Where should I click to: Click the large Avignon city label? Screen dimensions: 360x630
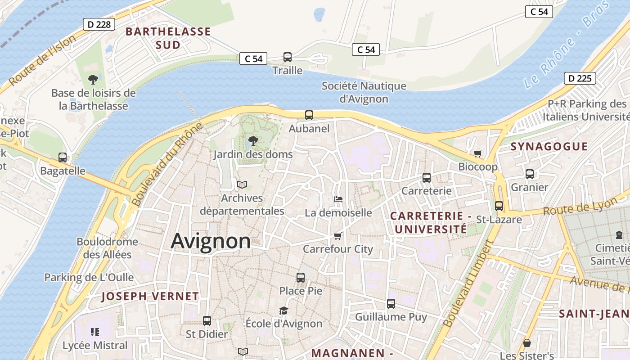tap(211, 241)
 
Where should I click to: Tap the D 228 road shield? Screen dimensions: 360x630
tap(99, 24)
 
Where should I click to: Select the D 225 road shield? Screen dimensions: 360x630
tap(580, 78)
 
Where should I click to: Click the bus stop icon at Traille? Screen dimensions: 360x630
tap(288, 57)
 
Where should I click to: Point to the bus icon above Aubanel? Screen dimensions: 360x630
tap(309, 115)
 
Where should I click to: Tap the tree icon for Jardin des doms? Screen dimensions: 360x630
tap(253, 140)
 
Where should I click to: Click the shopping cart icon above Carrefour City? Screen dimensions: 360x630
tap(338, 236)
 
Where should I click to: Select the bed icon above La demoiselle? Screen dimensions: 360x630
tap(338, 199)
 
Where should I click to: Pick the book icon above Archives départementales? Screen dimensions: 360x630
tap(242, 184)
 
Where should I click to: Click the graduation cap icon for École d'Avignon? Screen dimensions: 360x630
tap(283, 310)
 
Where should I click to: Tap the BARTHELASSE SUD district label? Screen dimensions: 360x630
tap(168, 38)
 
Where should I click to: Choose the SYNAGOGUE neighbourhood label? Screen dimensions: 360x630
tap(549, 146)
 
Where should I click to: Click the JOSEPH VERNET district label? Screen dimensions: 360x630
tap(150, 296)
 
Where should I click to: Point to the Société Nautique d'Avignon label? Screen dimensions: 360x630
tap(364, 92)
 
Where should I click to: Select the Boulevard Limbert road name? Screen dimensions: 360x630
tap(468, 283)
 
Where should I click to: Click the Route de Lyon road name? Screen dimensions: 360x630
tap(580, 207)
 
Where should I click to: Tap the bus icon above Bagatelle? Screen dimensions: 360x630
tap(63, 157)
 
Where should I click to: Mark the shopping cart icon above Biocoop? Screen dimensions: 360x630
tap(478, 153)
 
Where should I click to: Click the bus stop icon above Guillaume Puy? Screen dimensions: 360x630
tap(391, 304)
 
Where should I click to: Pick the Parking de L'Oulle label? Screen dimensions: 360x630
tap(89, 277)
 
